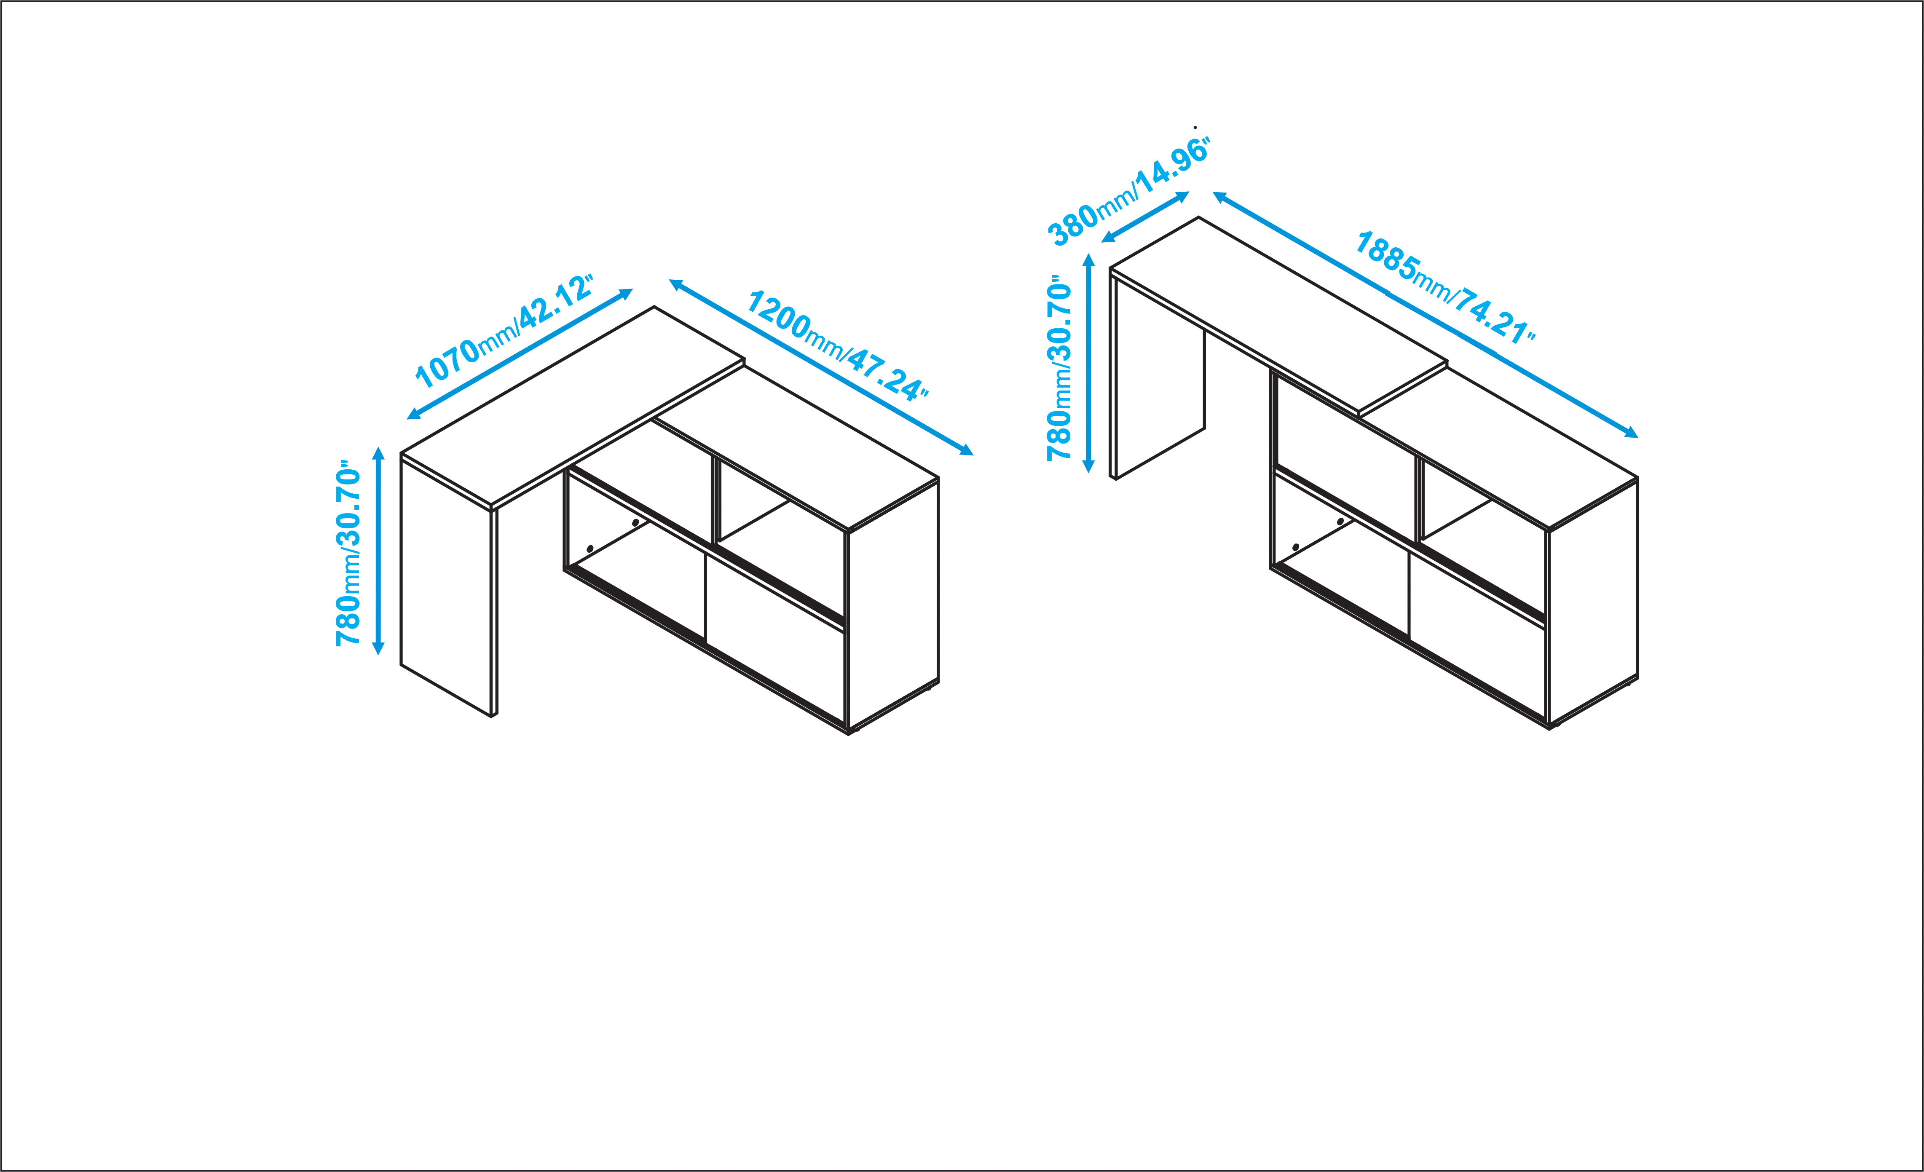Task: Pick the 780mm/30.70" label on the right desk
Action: tap(1060, 367)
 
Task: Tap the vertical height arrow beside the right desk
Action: tap(1088, 363)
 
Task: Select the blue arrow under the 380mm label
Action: tap(1145, 217)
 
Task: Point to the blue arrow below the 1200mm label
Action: tap(821, 367)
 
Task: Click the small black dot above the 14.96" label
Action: tap(1195, 127)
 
